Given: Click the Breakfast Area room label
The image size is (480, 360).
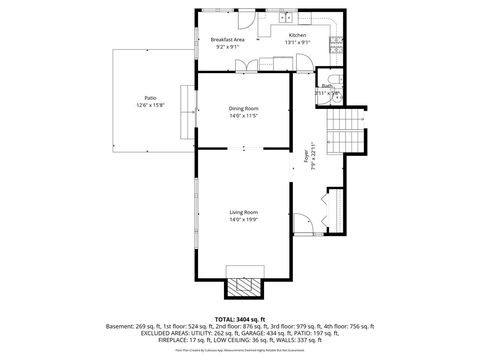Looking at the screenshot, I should coord(228,39).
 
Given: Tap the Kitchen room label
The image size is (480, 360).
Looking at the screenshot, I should coord(298,35).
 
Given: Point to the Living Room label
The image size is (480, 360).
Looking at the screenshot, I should coord(244,212).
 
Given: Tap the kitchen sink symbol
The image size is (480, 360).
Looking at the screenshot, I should coord(286,17).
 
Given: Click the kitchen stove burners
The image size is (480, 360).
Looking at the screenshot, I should coord(337,46).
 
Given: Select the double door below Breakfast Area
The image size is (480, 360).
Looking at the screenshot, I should coord(246,66).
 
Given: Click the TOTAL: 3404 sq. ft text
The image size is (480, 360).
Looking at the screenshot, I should coord(240,317).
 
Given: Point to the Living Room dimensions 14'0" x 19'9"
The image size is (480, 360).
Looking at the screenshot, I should coord(244,219).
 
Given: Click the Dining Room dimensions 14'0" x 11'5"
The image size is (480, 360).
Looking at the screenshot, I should coord(244,115).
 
